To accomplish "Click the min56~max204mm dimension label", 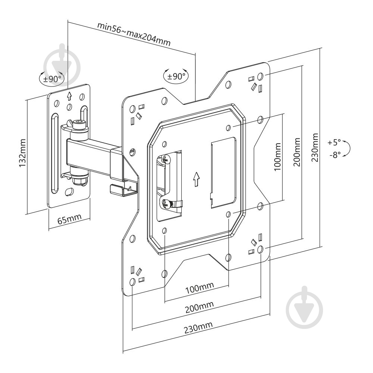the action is (134, 34).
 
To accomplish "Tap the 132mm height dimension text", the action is (22, 153).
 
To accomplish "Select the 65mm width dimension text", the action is (69, 219).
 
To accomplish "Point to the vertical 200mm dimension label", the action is (297, 152).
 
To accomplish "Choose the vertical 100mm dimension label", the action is (278, 157).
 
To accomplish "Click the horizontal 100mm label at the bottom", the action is (200, 288).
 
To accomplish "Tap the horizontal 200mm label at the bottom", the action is (199, 307).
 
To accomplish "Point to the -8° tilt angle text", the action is (335, 155).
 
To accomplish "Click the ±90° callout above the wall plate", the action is (51, 78).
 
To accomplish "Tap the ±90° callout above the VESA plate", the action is (176, 76).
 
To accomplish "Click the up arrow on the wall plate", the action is (69, 96).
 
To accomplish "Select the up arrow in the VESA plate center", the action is (196, 179).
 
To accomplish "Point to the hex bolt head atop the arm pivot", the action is (79, 125).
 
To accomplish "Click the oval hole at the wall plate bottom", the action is (70, 192).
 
